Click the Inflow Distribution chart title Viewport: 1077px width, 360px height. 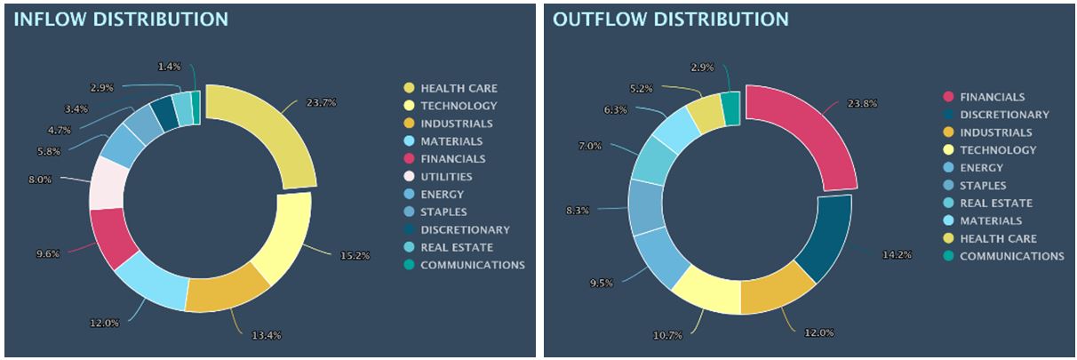(x=121, y=19)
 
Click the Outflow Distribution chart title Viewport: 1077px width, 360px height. (x=670, y=19)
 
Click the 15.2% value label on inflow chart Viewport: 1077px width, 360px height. (x=355, y=255)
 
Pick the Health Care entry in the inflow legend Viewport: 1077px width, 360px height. (x=459, y=88)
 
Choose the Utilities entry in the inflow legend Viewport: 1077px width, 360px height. (x=446, y=177)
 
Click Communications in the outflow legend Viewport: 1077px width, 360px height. (x=1011, y=256)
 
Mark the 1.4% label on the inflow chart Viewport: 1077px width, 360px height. (x=169, y=67)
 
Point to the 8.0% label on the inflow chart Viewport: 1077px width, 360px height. (x=40, y=179)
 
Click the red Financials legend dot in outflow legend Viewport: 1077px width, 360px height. (x=948, y=97)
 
